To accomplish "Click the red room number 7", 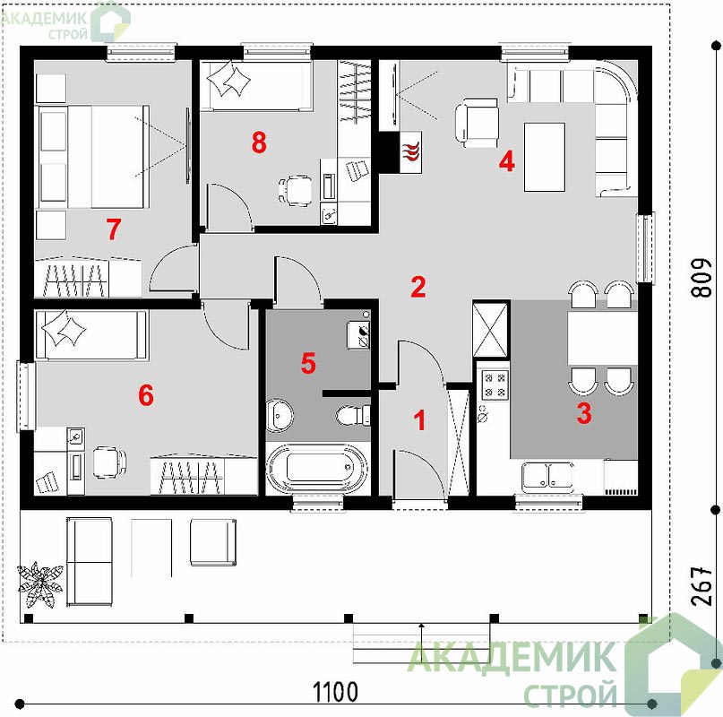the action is [x=114, y=229].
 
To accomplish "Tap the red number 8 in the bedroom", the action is [x=259, y=143].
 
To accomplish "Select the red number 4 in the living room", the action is [x=507, y=162].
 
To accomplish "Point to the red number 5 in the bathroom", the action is [x=308, y=363].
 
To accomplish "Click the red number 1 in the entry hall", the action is [x=419, y=420].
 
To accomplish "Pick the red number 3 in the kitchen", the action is [x=584, y=413].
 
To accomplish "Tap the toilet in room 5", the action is [x=353, y=415].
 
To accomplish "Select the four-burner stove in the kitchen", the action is [x=495, y=384].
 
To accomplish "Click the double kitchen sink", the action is [x=547, y=476].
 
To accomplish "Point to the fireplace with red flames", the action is [x=410, y=152].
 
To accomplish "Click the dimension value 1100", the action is [x=335, y=692].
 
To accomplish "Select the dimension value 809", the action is [x=702, y=277].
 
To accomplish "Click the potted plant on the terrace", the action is [x=40, y=584].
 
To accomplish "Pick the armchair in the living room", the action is [x=477, y=123].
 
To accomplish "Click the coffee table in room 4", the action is [x=545, y=157].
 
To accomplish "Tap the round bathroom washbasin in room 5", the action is [x=280, y=415].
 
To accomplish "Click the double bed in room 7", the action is [x=92, y=157].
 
